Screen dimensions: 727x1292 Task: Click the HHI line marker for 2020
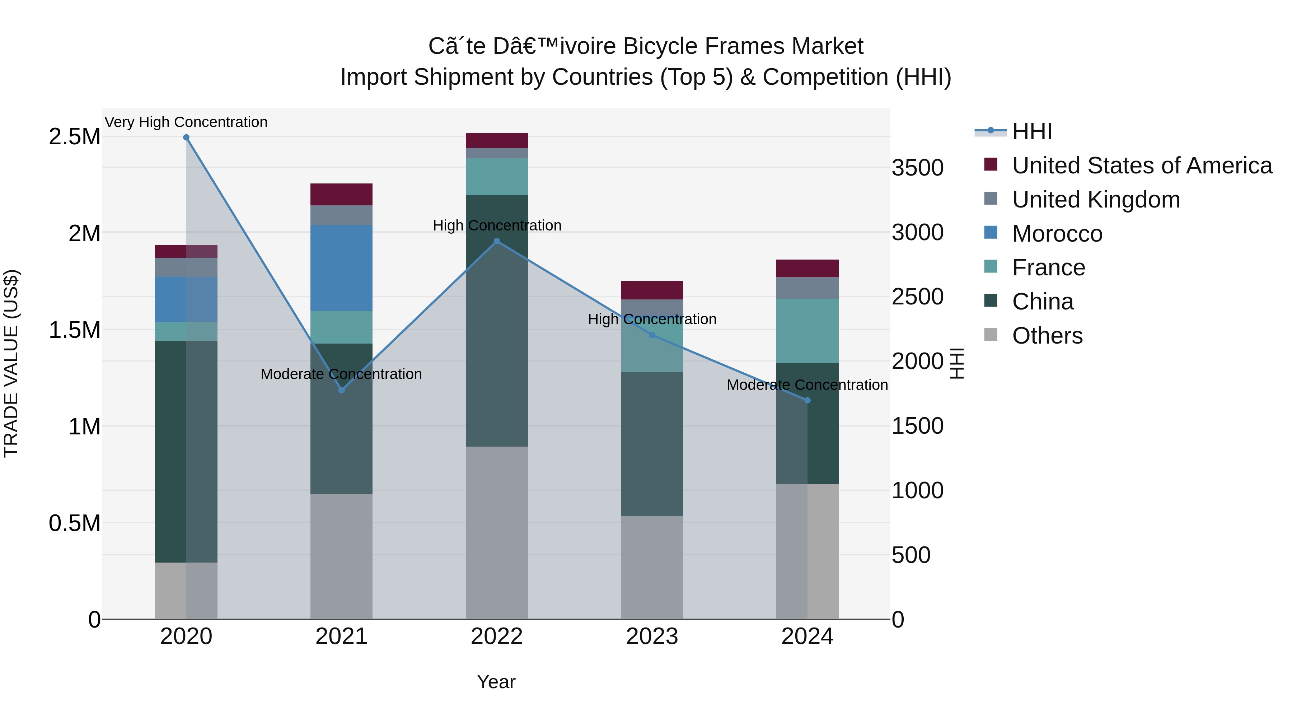[x=186, y=138]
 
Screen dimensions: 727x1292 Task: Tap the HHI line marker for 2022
[x=497, y=241]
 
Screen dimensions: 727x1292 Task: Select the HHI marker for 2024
[x=807, y=400]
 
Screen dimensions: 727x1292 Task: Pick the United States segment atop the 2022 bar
[x=497, y=140]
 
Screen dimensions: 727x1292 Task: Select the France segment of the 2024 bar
[x=807, y=331]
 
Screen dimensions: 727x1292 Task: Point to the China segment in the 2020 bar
[x=170, y=452]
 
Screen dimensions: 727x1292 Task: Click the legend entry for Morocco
[x=1057, y=234]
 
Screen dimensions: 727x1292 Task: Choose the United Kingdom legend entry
[x=1096, y=200]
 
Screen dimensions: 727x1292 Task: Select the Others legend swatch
[x=991, y=335]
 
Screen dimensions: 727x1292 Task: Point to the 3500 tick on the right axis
[x=917, y=168]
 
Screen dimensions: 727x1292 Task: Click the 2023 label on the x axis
[x=652, y=637]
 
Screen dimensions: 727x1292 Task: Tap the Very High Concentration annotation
[x=186, y=122]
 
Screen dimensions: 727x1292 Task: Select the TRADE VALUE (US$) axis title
[x=11, y=363]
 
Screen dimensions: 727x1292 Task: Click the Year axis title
[x=496, y=682]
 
